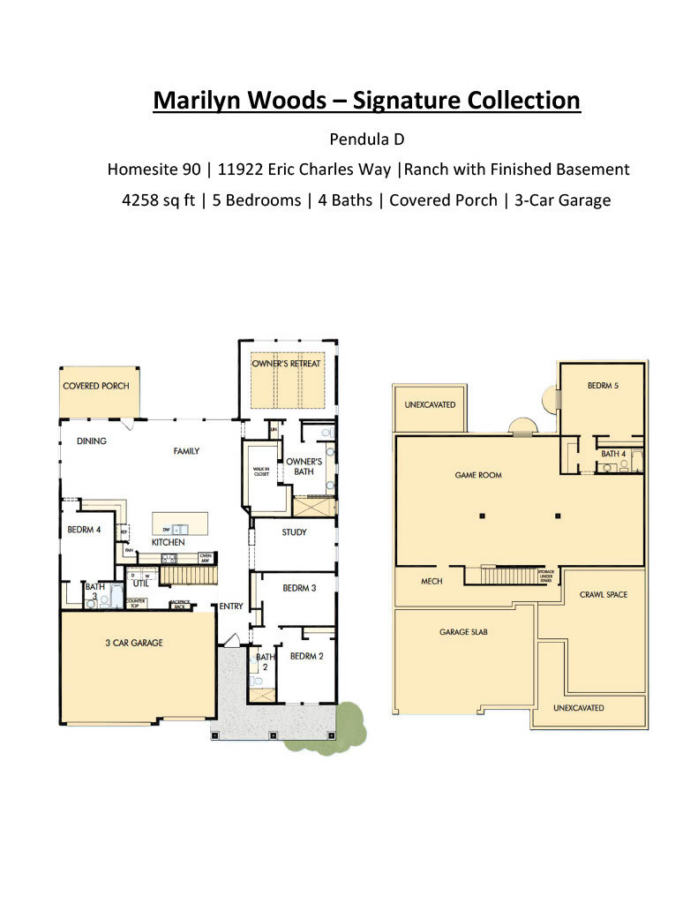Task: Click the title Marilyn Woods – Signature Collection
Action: (366, 100)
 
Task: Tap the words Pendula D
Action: (366, 139)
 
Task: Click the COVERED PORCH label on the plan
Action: (96, 386)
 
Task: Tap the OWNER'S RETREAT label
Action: (286, 364)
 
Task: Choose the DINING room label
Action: (92, 441)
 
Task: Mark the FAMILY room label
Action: (186, 451)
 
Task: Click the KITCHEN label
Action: (168, 541)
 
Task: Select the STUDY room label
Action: (294, 532)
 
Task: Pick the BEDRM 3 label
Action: (299, 588)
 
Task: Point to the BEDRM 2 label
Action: (307, 655)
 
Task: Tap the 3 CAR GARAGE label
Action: (134, 643)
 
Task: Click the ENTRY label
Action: (231, 606)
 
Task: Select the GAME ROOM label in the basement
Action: (478, 475)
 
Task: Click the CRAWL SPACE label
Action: (604, 594)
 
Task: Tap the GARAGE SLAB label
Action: (464, 632)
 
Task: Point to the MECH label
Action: (432, 581)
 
